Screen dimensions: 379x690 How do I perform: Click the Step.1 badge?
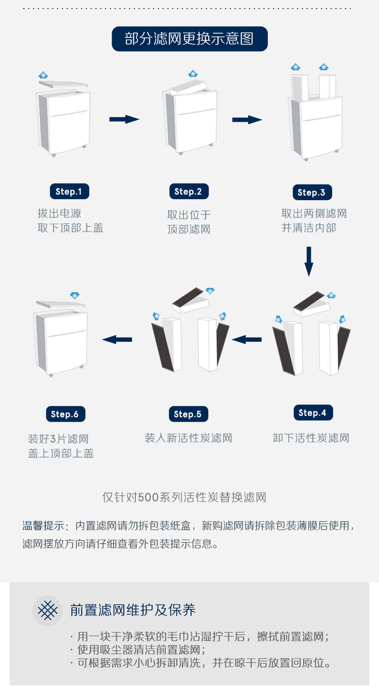pyautogui.click(x=70, y=191)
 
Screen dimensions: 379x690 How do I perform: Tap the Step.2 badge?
pyautogui.click(x=188, y=191)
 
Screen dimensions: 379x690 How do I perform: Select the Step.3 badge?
pyautogui.click(x=312, y=192)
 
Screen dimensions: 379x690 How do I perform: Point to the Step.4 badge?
pyautogui.click(x=313, y=412)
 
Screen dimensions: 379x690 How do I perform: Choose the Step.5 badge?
pyautogui.click(x=188, y=414)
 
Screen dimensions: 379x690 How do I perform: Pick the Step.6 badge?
pyautogui.click(x=66, y=414)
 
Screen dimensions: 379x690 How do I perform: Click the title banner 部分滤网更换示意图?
pyautogui.click(x=189, y=39)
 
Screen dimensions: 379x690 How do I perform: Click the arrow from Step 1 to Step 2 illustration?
pyautogui.click(x=124, y=119)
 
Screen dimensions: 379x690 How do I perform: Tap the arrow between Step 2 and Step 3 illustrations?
pyautogui.click(x=247, y=119)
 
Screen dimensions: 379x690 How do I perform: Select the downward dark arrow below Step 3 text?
pyautogui.click(x=309, y=261)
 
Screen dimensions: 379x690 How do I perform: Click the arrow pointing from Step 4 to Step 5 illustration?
pyautogui.click(x=247, y=340)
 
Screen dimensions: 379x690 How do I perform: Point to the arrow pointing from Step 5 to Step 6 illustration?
pyautogui.click(x=117, y=340)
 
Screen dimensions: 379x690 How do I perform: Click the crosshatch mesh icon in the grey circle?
pyautogui.click(x=48, y=610)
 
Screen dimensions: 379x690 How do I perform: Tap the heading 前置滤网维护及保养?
pyautogui.click(x=133, y=610)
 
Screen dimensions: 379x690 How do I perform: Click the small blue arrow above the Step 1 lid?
pyautogui.click(x=43, y=75)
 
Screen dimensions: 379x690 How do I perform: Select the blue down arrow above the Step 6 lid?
pyautogui.click(x=74, y=295)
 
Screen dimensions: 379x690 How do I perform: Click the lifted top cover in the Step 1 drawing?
pyautogui.click(x=64, y=84)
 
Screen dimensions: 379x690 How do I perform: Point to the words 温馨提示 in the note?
pyautogui.click(x=43, y=526)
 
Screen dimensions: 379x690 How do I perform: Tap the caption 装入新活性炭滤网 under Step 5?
pyautogui.click(x=188, y=438)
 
